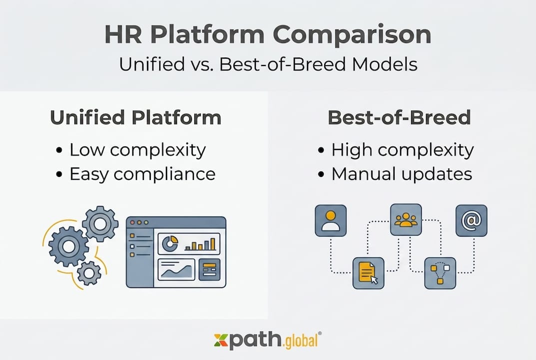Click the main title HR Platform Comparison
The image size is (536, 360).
[x=268, y=35]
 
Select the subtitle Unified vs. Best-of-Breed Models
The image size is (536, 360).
[x=268, y=64]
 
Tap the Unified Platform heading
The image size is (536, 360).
[x=135, y=118]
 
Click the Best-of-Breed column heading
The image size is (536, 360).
[x=399, y=118]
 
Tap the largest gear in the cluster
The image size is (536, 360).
[x=68, y=245]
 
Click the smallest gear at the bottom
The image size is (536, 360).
[x=89, y=272]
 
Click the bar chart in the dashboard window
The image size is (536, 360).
[x=200, y=244]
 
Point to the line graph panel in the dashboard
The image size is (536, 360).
[x=176, y=270]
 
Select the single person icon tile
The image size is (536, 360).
[x=331, y=220]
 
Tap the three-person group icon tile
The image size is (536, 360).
[x=406, y=219]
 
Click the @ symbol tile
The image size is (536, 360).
[x=471, y=220]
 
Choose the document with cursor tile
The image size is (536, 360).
[x=369, y=273]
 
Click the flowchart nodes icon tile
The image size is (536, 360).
[x=440, y=273]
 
